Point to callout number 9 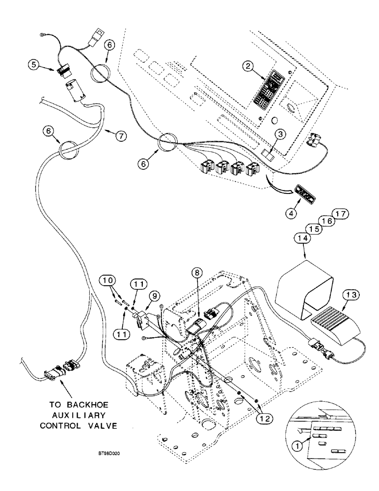(154, 296)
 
